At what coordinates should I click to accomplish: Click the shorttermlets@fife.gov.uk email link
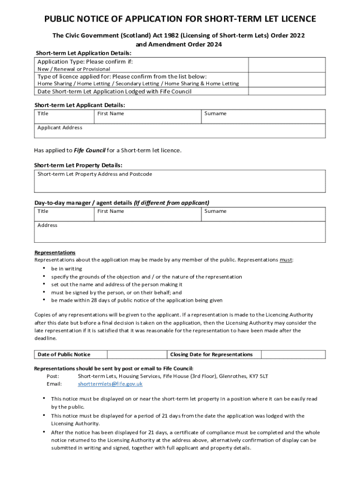coord(110,384)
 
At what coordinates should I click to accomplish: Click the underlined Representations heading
coord(55,253)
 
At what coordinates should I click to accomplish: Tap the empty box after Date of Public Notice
coord(137,355)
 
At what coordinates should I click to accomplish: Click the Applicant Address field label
coord(60,128)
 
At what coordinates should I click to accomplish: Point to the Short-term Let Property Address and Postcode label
coord(95,174)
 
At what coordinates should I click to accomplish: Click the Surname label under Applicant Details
coord(215,114)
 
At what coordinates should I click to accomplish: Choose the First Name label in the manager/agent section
coord(111,211)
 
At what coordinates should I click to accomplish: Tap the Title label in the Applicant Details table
coord(43,114)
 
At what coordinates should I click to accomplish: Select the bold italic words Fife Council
coord(89,151)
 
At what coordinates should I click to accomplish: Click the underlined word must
coord(286,260)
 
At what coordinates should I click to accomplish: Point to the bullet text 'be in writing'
coord(66,269)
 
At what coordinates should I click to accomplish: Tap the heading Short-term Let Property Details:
coord(78,166)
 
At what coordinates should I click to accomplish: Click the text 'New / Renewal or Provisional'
coord(74,69)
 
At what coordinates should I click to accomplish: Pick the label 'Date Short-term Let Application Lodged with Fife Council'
coord(114,92)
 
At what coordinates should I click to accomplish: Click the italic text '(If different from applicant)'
coord(172,203)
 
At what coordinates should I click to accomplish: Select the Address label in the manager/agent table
coord(47,225)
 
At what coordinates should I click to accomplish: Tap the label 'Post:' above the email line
coord(53,376)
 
